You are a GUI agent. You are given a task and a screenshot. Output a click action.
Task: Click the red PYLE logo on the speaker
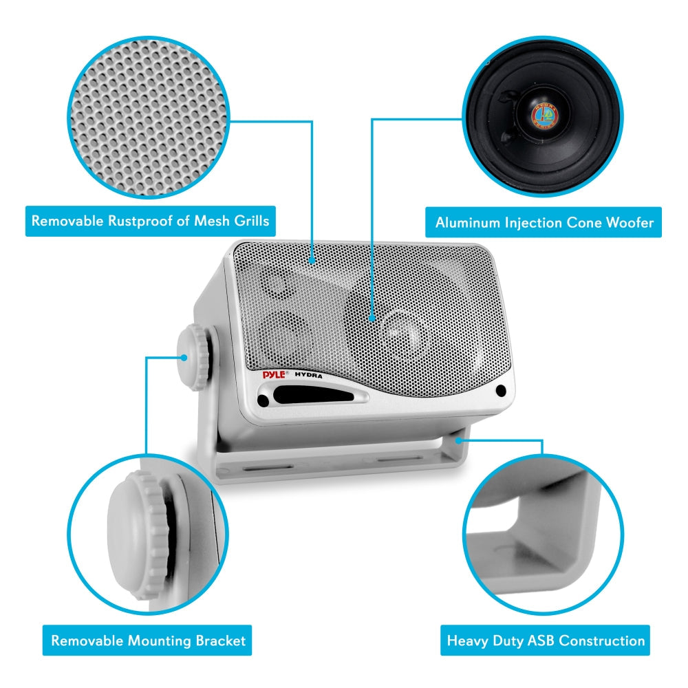pyautogui.click(x=275, y=375)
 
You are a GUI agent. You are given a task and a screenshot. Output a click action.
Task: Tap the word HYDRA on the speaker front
pyautogui.click(x=310, y=375)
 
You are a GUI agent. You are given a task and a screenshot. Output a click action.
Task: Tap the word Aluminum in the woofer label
pyautogui.click(x=468, y=222)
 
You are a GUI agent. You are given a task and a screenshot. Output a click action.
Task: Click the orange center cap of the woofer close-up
pyautogui.click(x=544, y=114)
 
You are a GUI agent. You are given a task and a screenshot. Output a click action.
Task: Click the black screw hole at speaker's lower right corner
pyautogui.click(x=500, y=391)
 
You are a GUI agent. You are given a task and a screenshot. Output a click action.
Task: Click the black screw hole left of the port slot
pyautogui.click(x=263, y=399)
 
